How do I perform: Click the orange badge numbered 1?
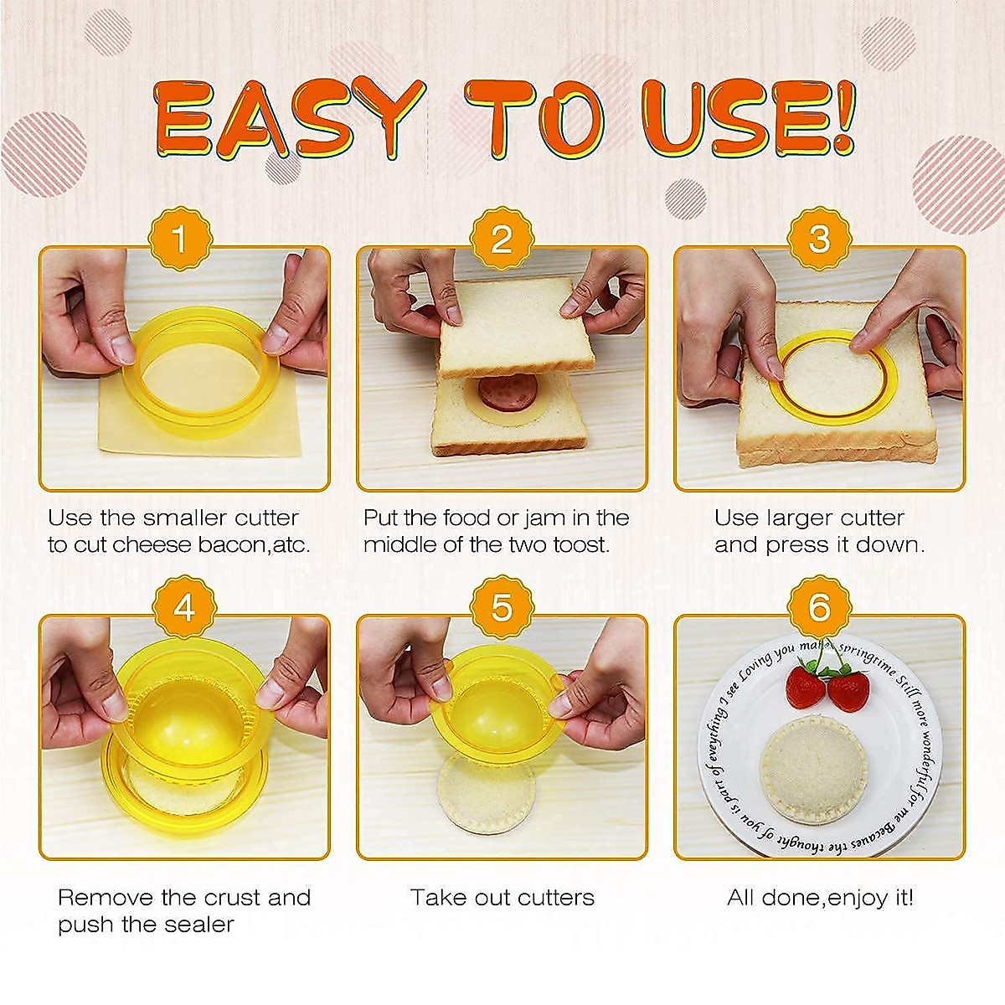tap(180, 239)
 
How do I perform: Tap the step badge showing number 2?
tap(502, 239)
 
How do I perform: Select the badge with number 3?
tap(819, 239)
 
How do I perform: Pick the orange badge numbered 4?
tap(184, 607)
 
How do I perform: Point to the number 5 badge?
tap(502, 607)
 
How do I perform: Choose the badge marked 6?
tap(819, 607)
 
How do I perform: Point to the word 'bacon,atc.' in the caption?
tap(254, 545)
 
